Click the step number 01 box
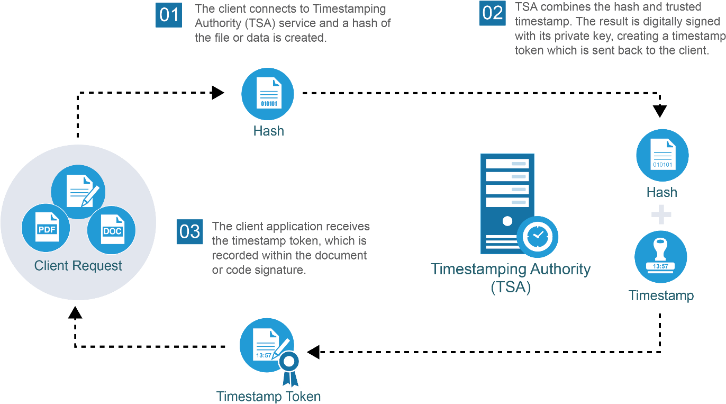(169, 14)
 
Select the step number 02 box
(492, 13)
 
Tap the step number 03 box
(189, 232)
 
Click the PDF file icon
(47, 228)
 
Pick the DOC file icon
(112, 229)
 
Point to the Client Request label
(78, 266)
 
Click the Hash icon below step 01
(268, 94)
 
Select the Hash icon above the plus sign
(662, 156)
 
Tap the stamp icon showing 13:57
(660, 257)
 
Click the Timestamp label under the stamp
(661, 295)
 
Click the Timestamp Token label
(268, 397)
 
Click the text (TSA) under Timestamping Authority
(511, 288)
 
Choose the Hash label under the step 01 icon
(268, 131)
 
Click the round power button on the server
(507, 220)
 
